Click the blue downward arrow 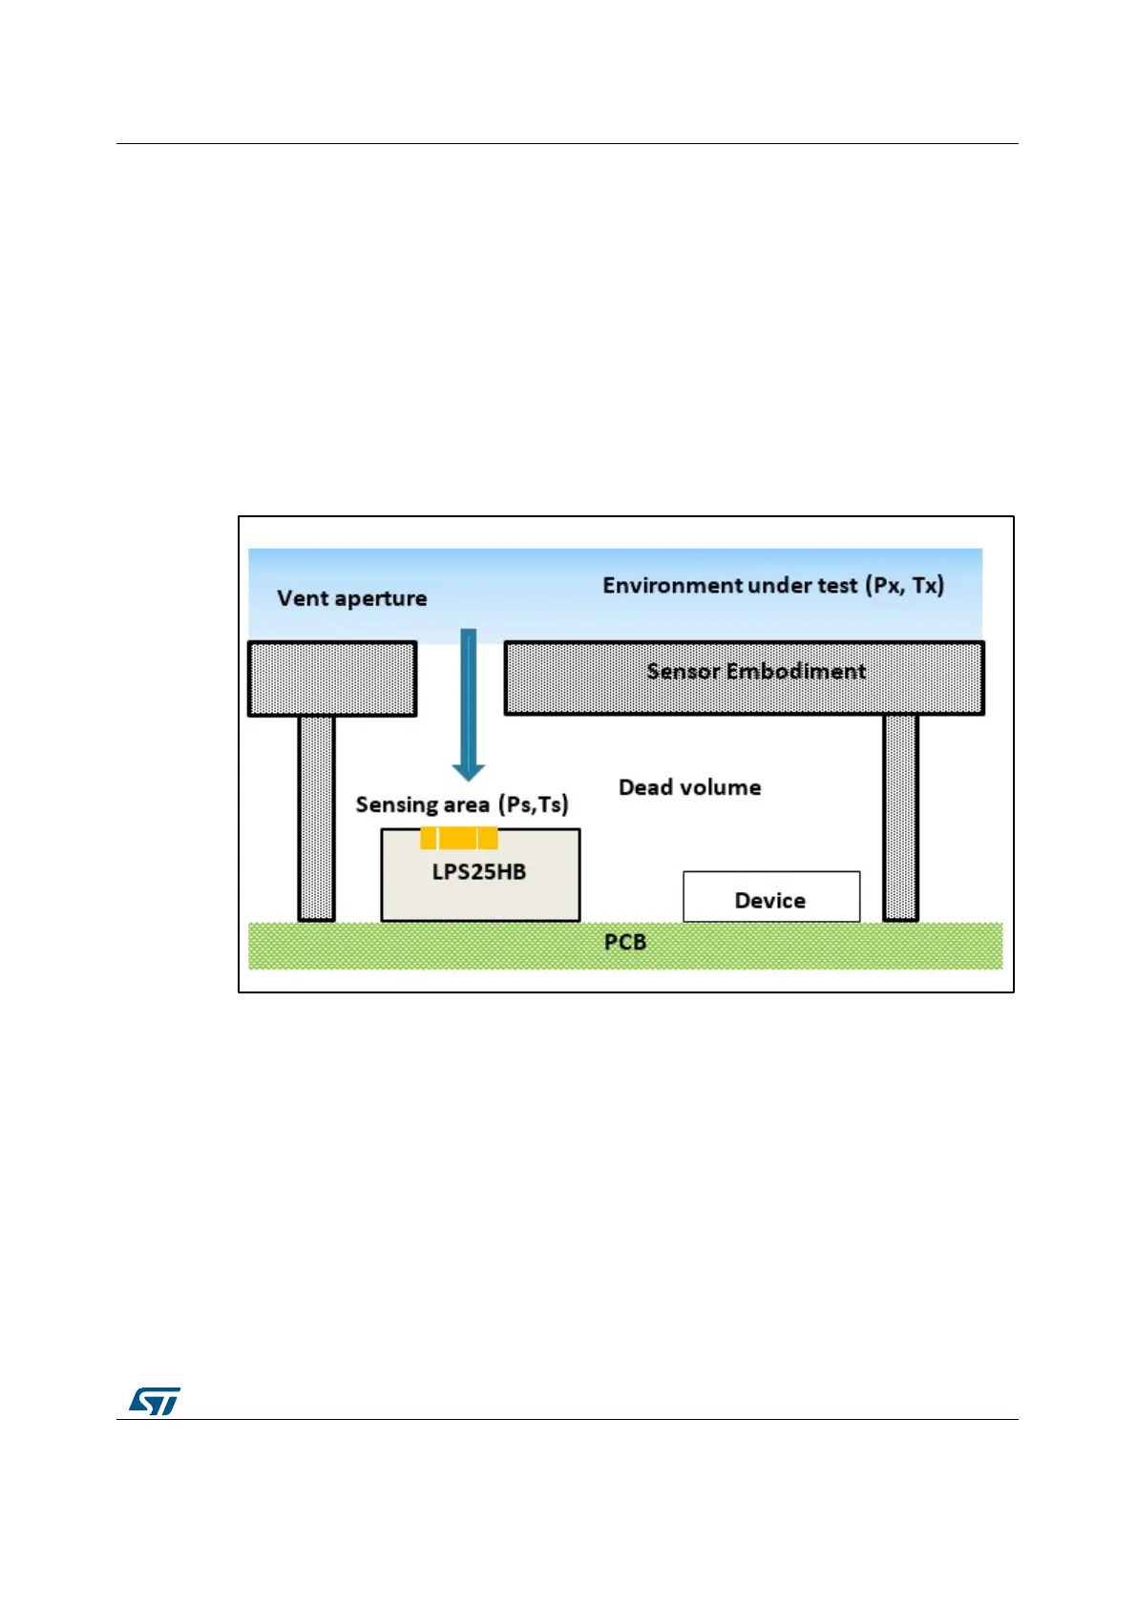[468, 701]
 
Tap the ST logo [155, 1401]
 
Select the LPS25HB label [479, 871]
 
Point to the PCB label [625, 942]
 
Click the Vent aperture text [352, 598]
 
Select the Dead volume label [689, 787]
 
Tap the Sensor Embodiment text [756, 671]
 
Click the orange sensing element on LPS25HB [459, 838]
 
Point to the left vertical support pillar [316, 818]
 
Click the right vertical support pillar [900, 818]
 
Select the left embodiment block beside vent [332, 678]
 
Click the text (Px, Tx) [905, 585]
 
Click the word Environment [664, 585]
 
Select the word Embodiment [796, 671]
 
